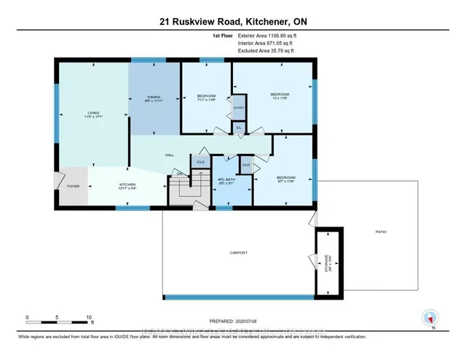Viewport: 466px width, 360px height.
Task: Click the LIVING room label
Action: tap(92, 113)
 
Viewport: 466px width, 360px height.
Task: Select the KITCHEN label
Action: tap(128, 185)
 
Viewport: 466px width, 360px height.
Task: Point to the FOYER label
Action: tap(74, 186)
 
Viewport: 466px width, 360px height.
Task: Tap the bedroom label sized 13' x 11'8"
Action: tap(280, 95)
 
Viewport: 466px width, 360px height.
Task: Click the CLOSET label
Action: tap(239, 107)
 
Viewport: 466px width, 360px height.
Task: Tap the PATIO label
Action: tap(381, 232)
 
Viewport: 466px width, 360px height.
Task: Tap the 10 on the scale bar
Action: tap(88, 318)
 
